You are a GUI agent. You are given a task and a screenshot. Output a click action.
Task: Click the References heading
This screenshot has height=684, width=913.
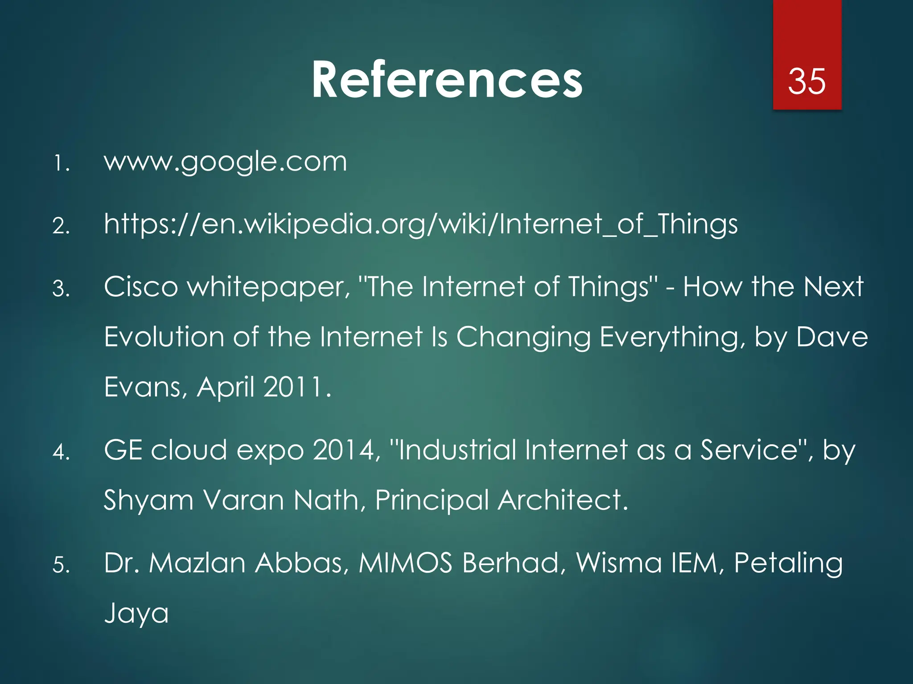click(x=447, y=80)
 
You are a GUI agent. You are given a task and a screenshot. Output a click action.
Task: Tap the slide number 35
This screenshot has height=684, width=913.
click(x=806, y=81)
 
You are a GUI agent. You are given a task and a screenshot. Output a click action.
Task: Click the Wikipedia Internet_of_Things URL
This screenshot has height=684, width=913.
click(x=420, y=224)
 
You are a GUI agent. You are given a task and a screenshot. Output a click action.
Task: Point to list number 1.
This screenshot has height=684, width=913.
click(x=62, y=163)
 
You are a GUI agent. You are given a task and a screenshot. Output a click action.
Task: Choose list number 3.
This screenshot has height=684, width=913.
click(x=62, y=289)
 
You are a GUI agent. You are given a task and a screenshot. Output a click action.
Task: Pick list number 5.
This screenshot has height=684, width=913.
click(x=62, y=565)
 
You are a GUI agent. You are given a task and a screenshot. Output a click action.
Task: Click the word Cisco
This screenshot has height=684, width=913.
click(x=141, y=287)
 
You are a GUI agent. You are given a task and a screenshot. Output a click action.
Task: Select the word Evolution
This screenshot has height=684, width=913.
click(x=164, y=337)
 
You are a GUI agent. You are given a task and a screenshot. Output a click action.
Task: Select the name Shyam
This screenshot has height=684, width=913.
click(x=148, y=501)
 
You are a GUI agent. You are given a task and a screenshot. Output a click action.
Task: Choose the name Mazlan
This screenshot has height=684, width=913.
click(x=197, y=563)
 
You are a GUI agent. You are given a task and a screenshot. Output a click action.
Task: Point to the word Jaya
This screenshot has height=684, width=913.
click(x=136, y=614)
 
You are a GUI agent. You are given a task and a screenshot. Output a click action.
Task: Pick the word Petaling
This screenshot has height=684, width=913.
click(x=788, y=564)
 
